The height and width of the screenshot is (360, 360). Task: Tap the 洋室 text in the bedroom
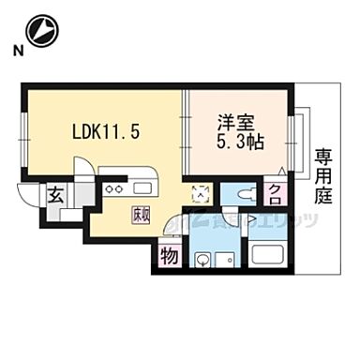(x=236, y=123)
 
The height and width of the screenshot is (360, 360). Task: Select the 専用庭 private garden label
(x=323, y=175)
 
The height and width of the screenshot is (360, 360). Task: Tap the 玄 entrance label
(x=55, y=198)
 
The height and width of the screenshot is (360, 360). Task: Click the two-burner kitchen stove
(x=114, y=190)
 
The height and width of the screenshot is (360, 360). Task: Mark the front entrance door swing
(x=27, y=198)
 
